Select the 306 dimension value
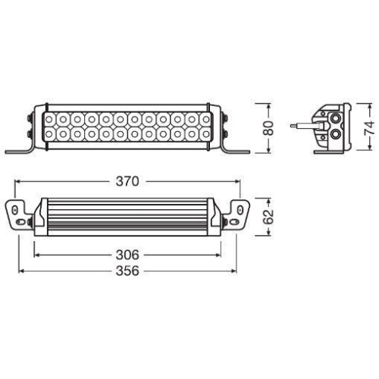click(x=127, y=255)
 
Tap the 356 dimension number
click(x=128, y=271)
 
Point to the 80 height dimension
click(x=268, y=127)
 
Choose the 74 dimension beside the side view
click(x=369, y=127)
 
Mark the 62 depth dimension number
click(x=268, y=217)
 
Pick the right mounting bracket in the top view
click(x=236, y=214)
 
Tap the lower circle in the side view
click(x=334, y=137)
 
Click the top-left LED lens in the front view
click(x=50, y=120)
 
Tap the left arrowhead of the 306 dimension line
click(x=35, y=255)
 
